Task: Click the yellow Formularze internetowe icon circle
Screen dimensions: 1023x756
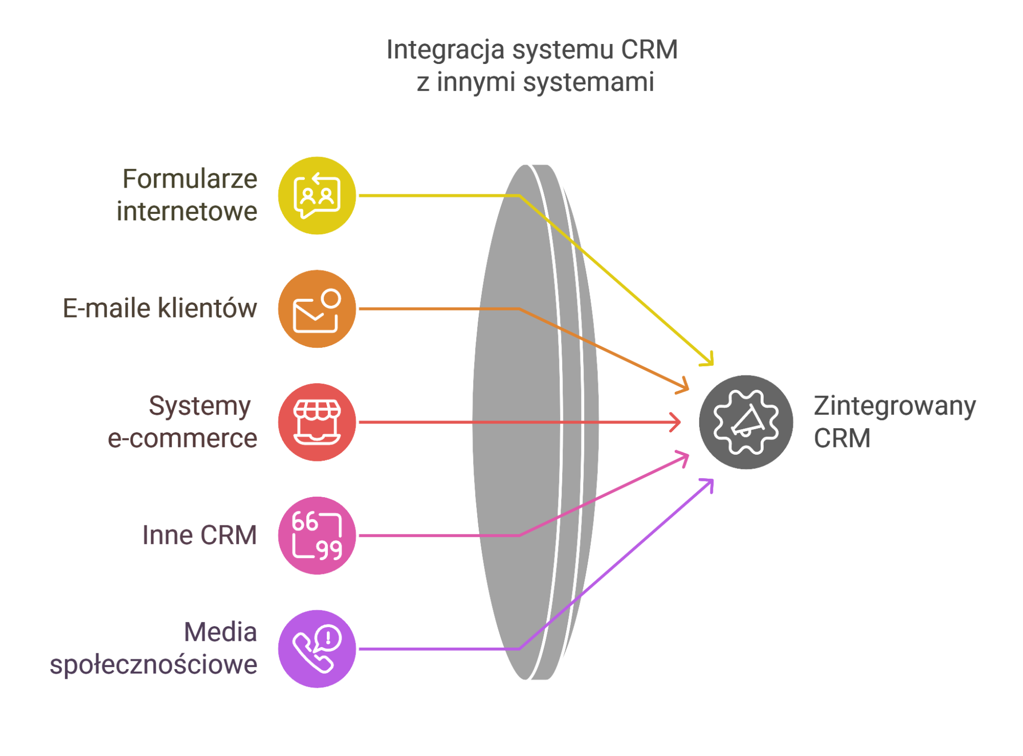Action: tap(317, 195)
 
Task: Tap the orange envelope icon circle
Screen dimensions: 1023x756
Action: tap(317, 309)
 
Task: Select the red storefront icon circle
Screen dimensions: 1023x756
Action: tap(317, 422)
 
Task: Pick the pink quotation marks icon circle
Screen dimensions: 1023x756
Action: tap(317, 536)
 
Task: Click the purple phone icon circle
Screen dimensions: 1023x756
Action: tap(317, 649)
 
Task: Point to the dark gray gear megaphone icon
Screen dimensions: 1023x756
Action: tap(746, 422)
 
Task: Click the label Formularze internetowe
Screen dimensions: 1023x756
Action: tap(187, 195)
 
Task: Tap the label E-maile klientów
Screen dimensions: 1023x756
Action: tap(160, 308)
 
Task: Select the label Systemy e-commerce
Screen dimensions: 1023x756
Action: tap(182, 422)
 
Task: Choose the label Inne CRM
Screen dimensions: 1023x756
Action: tap(199, 535)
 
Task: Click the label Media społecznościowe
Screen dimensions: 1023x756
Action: tap(153, 648)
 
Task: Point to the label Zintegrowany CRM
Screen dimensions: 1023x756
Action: tap(895, 422)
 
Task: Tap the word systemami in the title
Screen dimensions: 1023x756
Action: tap(588, 82)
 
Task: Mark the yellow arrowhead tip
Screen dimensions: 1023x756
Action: tap(713, 365)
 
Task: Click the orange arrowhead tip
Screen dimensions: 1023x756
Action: tap(688, 389)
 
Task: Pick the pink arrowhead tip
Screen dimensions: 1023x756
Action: tap(688, 455)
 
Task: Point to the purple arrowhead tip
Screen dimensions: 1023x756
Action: tap(713, 480)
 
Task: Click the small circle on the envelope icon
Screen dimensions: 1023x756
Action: tap(331, 299)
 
